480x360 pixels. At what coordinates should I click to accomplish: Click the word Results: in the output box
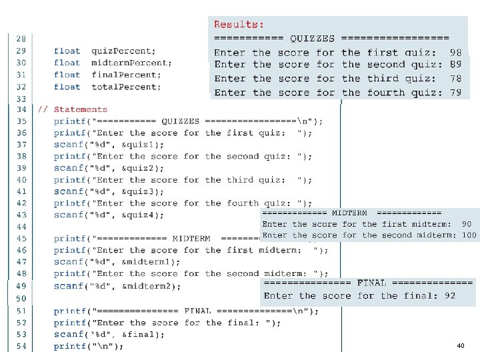[x=239, y=25]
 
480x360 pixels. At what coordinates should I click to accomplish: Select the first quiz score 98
[x=455, y=52]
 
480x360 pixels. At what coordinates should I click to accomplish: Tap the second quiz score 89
[x=455, y=65]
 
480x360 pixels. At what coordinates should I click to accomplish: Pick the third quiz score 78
[x=455, y=79]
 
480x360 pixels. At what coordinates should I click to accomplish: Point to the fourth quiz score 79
[x=455, y=93]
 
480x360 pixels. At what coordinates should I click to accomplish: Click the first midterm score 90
[x=466, y=225]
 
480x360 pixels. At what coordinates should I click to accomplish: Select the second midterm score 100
[x=469, y=235]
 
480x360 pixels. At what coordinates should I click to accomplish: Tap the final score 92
[x=450, y=295]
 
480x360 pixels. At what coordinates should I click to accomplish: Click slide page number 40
[x=461, y=346]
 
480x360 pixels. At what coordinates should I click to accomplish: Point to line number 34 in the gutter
[x=21, y=109]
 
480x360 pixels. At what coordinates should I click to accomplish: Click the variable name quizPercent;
[x=123, y=51]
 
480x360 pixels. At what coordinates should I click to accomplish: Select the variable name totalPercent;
[x=126, y=87]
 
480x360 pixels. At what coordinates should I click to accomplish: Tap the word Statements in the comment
[x=80, y=109]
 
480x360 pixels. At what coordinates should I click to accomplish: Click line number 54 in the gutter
[x=21, y=346]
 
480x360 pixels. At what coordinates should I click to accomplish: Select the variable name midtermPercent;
[x=131, y=63]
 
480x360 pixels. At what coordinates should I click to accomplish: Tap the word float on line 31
[x=67, y=75]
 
